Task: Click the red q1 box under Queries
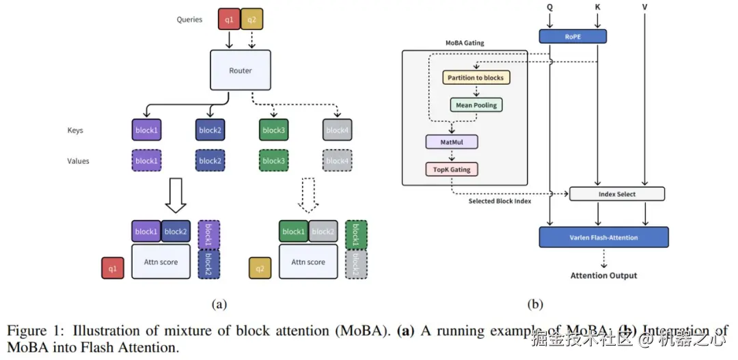click(x=229, y=19)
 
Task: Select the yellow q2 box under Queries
click(x=252, y=19)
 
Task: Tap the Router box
click(x=241, y=71)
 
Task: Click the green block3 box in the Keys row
click(x=273, y=130)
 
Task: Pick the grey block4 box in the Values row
click(x=337, y=161)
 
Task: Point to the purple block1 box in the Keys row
click(x=145, y=130)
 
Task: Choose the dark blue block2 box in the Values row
click(x=210, y=161)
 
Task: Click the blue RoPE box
click(x=573, y=37)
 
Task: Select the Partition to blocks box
click(x=476, y=77)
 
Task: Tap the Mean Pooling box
click(x=476, y=105)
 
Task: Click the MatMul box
click(x=452, y=141)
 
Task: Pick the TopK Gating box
click(x=451, y=169)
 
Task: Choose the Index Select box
click(x=617, y=194)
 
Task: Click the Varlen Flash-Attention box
click(x=603, y=237)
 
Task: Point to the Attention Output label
click(x=603, y=275)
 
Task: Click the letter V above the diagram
click(x=645, y=8)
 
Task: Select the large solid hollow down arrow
click(x=176, y=195)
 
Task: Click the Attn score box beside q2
click(x=308, y=262)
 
